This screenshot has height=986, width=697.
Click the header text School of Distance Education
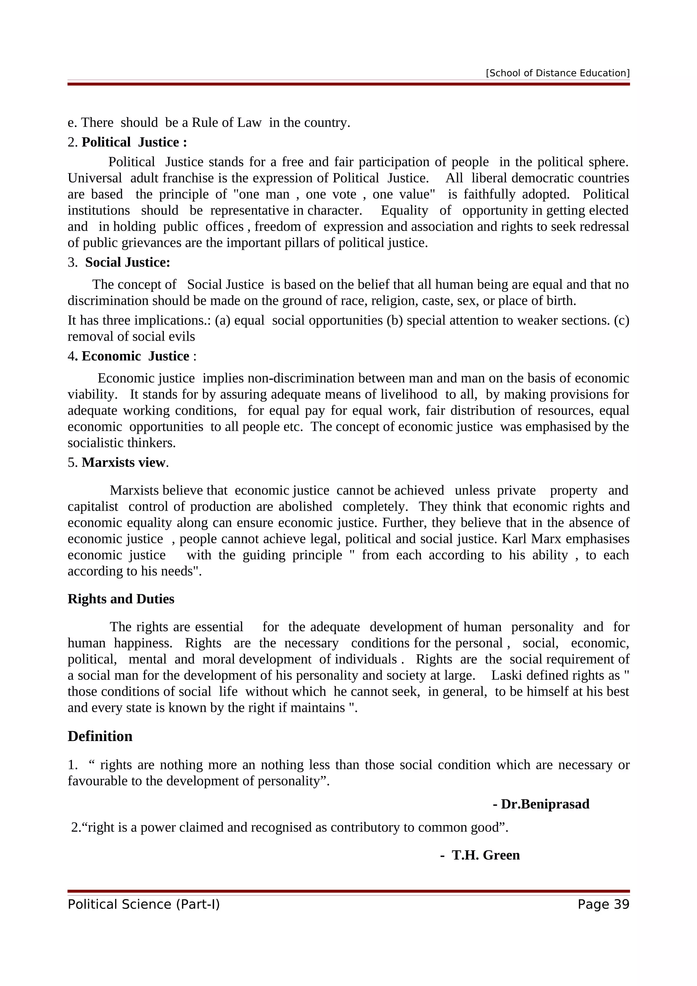[x=557, y=73]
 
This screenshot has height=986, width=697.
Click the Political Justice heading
[x=134, y=142]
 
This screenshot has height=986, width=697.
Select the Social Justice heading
[x=128, y=262]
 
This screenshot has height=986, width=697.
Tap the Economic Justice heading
[x=135, y=356]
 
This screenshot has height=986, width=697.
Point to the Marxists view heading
[x=124, y=462]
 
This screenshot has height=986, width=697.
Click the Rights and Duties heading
[x=121, y=599]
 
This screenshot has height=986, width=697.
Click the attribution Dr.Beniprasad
[x=545, y=804]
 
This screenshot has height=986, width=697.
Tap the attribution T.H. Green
[x=485, y=855]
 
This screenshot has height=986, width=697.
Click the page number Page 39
[x=603, y=904]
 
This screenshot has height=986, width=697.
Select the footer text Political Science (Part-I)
[x=143, y=904]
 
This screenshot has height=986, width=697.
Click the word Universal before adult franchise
[x=95, y=178]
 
